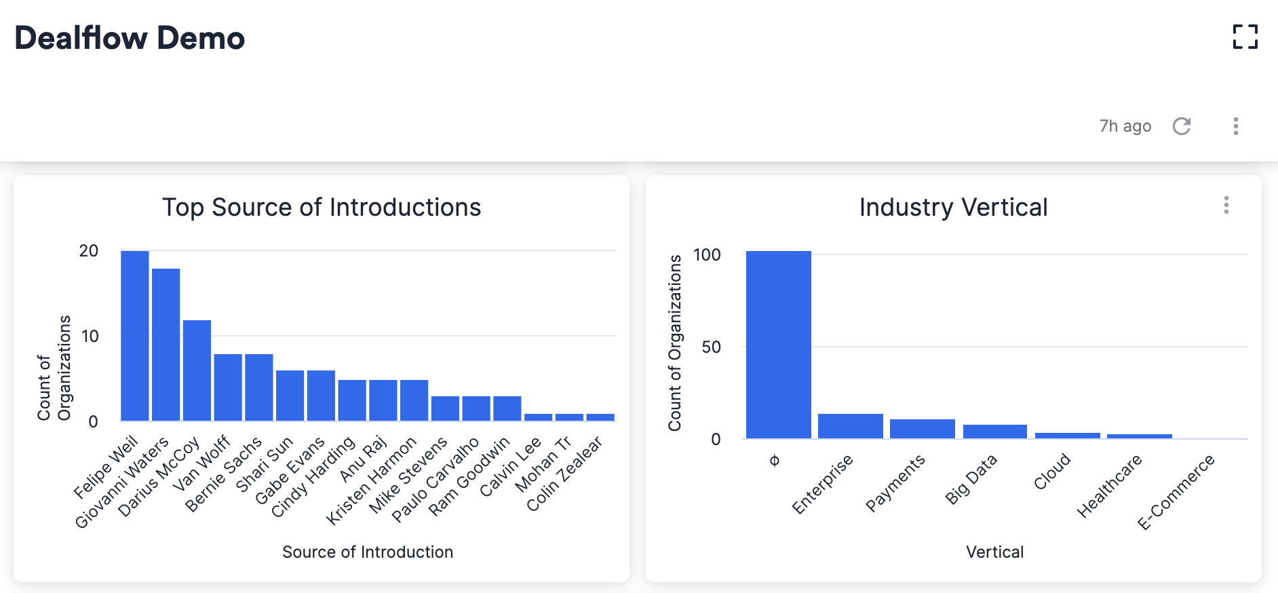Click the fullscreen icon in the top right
[1245, 37]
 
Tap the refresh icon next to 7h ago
[1182, 126]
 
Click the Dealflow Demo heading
[130, 38]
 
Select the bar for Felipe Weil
[134, 336]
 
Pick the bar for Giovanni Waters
[166, 345]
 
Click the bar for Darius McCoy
[197, 370]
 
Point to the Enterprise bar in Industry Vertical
[850, 426]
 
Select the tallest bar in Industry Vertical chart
[778, 345]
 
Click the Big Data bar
[994, 432]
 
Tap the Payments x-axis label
[895, 483]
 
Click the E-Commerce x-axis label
[1176, 493]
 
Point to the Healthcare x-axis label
[1110, 486]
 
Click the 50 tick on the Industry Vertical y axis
[711, 347]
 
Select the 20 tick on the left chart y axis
[89, 251]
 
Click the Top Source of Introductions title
[322, 208]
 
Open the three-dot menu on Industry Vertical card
[1226, 205]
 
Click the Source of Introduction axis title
[368, 552]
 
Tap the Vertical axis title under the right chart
[994, 552]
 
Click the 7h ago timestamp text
[1125, 126]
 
